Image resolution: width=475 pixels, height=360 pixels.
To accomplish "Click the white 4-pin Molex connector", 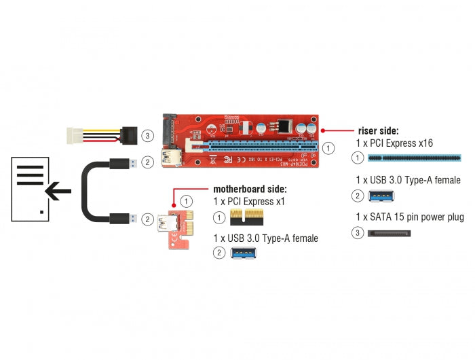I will pyautogui.click(x=78, y=135).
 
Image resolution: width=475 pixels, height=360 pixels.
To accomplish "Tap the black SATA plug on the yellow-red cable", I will pyautogui.click(x=130, y=135).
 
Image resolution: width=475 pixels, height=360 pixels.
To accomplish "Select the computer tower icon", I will pyautogui.click(x=31, y=188).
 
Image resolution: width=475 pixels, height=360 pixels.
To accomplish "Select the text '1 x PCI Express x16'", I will pyautogui.click(x=394, y=143).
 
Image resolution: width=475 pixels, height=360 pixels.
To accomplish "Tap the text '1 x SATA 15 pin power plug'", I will pyautogui.click(x=409, y=217).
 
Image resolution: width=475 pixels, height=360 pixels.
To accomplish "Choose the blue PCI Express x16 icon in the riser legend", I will pyautogui.click(x=414, y=158).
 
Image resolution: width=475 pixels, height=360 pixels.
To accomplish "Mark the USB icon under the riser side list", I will pyautogui.click(x=381, y=196).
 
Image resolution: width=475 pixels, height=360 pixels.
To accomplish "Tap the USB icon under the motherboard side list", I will pyautogui.click(x=245, y=253).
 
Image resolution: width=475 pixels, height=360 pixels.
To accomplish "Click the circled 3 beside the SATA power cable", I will pyautogui.click(x=148, y=136).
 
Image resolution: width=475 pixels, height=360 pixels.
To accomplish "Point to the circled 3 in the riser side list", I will pyautogui.click(x=357, y=234).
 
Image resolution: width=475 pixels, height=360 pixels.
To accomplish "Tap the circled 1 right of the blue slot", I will pyautogui.click(x=329, y=147).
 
